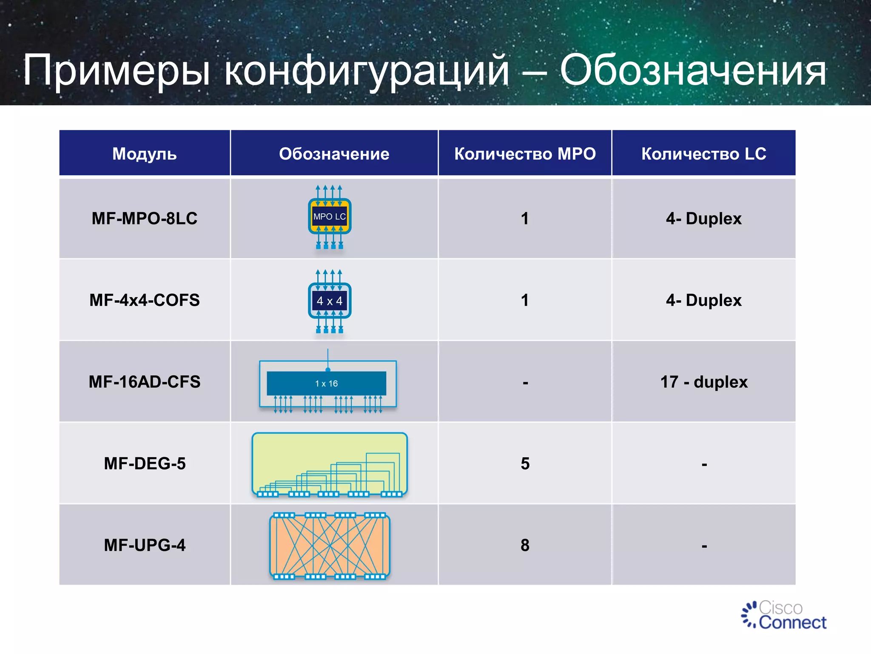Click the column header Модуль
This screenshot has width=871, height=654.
(144, 154)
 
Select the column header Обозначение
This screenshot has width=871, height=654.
(334, 154)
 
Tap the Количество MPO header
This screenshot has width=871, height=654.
(525, 154)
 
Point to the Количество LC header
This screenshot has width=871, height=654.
(703, 154)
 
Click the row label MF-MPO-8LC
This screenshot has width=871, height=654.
(144, 218)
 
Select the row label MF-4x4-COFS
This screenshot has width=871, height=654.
(144, 300)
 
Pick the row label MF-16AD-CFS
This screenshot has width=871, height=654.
(144, 382)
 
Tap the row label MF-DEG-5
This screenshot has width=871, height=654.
(144, 464)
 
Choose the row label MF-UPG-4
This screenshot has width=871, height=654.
(144, 545)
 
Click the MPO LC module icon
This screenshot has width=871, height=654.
(330, 217)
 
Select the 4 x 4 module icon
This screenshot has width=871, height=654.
(330, 301)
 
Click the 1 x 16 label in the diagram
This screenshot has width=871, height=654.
(326, 384)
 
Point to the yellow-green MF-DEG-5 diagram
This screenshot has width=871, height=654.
(330, 464)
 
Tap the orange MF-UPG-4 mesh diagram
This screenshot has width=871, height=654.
(330, 546)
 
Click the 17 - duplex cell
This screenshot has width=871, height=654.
(703, 382)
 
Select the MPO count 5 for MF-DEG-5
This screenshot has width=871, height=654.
(525, 464)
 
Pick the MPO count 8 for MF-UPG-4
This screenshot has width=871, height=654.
(525, 545)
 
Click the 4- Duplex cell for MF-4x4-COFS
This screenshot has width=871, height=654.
(703, 300)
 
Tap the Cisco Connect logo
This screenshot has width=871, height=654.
(784, 615)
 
